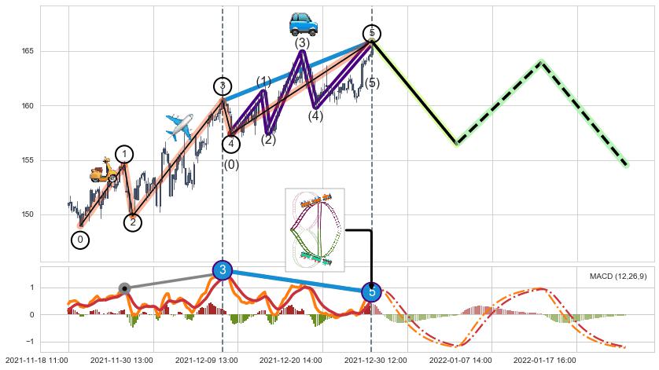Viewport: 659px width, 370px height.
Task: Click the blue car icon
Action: click(x=303, y=24)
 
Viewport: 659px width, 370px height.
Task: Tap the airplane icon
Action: click(x=179, y=126)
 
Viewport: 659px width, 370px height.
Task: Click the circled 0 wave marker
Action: click(x=80, y=240)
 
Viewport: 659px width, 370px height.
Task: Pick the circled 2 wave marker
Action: click(x=133, y=222)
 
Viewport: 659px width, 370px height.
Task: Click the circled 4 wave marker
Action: click(x=230, y=144)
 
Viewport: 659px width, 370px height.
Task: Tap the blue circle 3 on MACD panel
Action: click(x=223, y=271)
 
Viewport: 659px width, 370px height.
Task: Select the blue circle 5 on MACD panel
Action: click(x=372, y=292)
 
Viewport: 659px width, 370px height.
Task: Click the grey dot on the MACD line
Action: click(x=123, y=288)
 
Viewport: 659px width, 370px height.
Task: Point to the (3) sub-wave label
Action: click(x=302, y=43)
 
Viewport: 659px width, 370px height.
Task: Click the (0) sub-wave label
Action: click(x=231, y=165)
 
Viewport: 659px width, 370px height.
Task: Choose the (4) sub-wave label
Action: click(x=315, y=117)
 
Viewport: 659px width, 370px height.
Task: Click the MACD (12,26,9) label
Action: click(x=619, y=276)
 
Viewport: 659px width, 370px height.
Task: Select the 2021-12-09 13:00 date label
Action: click(x=205, y=361)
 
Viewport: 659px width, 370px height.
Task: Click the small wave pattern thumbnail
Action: click(x=315, y=229)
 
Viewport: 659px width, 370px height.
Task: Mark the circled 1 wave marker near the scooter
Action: click(x=124, y=154)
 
